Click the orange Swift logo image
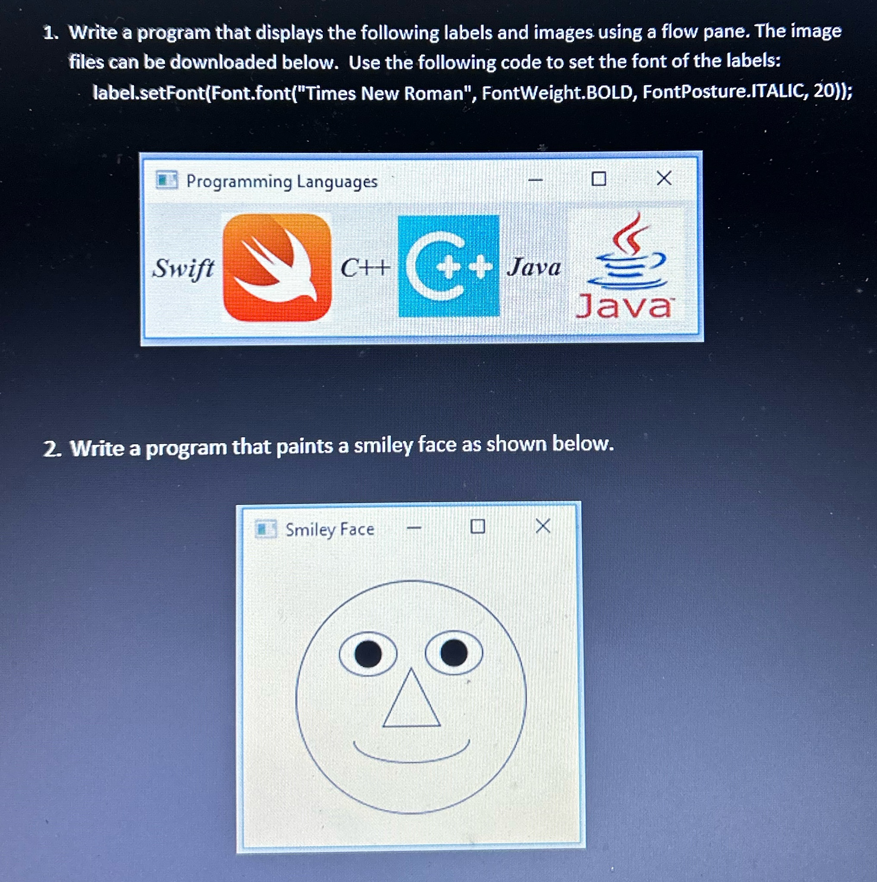(x=277, y=267)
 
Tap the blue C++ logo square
(x=449, y=266)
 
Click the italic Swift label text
(x=183, y=268)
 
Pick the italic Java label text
(x=534, y=267)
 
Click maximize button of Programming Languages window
(x=598, y=178)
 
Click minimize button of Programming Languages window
(x=536, y=180)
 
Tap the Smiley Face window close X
(x=543, y=526)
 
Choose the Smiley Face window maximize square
(x=477, y=526)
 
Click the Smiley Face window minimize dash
(x=414, y=528)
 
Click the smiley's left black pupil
(x=368, y=654)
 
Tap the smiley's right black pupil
(x=454, y=653)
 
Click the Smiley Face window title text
(x=330, y=529)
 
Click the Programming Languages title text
(x=282, y=181)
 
